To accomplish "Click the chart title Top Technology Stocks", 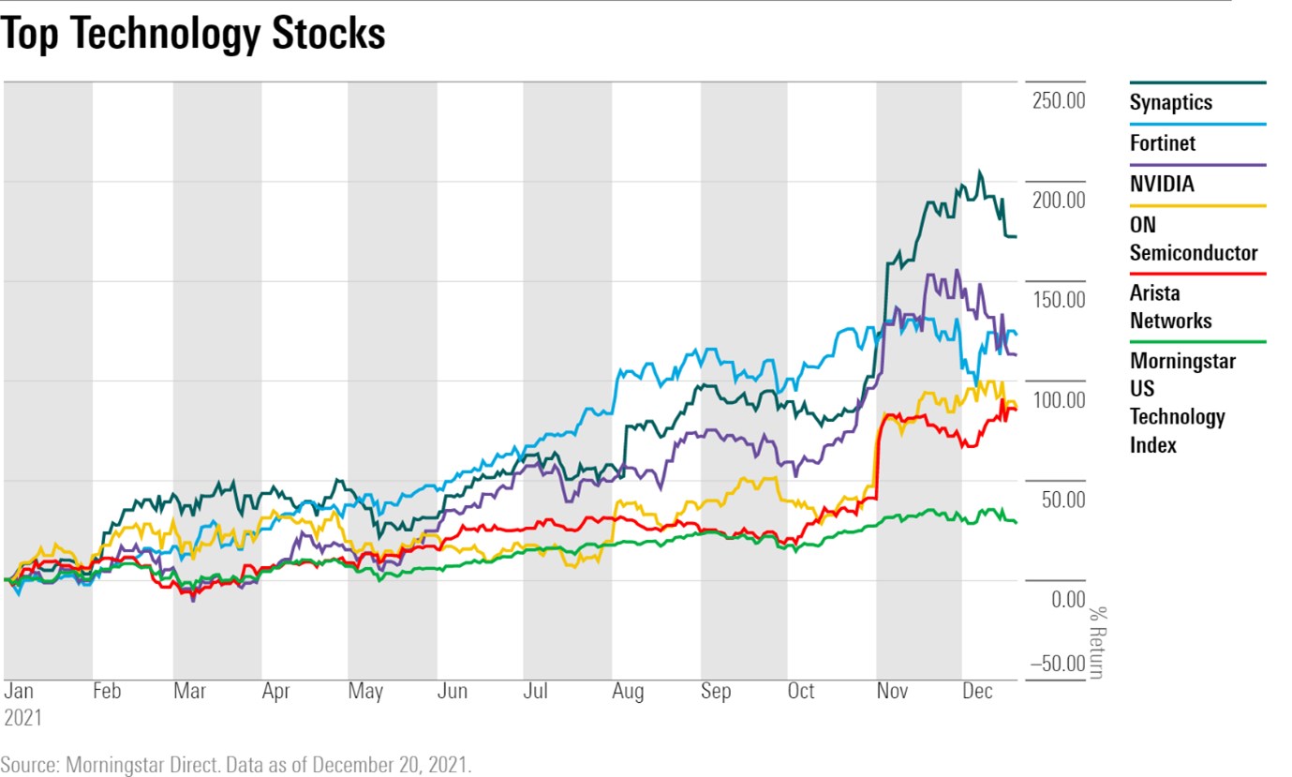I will click(x=193, y=35).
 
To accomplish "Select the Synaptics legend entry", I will click(x=1170, y=102).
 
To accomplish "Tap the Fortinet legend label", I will click(x=1162, y=143).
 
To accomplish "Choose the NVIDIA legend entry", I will click(x=1161, y=184).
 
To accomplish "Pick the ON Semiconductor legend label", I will click(x=1193, y=239).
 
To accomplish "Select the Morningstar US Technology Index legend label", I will click(x=1182, y=402).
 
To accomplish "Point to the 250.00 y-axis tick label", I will click(x=1058, y=100).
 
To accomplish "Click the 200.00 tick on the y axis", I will click(x=1058, y=200).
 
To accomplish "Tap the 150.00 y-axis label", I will click(x=1058, y=300).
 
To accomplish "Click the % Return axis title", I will click(x=1096, y=642).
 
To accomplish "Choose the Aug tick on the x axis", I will click(x=628, y=692).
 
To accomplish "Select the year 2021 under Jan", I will click(x=23, y=718).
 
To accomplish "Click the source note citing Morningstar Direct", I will click(x=236, y=764).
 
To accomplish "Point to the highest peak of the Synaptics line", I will click(x=979, y=172).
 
